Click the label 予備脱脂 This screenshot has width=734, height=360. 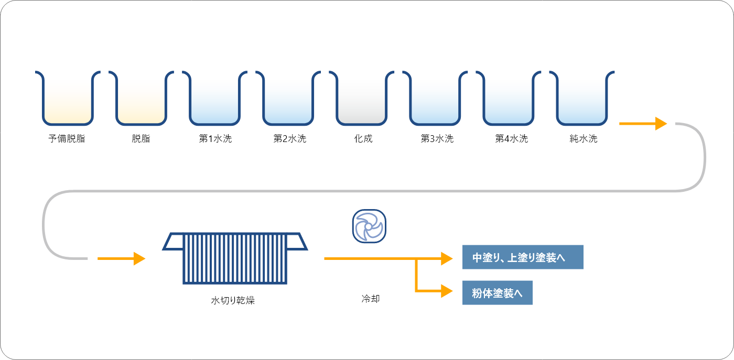[x=67, y=139]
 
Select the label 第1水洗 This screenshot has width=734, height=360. [x=215, y=139]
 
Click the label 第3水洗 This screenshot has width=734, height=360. [x=437, y=139]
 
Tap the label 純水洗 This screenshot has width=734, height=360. [x=584, y=139]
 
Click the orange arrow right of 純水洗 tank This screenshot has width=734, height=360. [x=643, y=124]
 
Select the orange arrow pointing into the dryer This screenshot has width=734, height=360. [x=121, y=258]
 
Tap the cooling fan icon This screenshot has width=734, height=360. [x=368, y=226]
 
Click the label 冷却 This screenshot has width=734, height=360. [x=370, y=299]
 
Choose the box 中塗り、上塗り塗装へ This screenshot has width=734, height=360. [x=522, y=257]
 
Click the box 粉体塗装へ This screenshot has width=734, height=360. [x=497, y=293]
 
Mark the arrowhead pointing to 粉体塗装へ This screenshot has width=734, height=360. [x=447, y=291]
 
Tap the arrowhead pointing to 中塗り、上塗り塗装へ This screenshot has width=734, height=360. [x=447, y=258]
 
